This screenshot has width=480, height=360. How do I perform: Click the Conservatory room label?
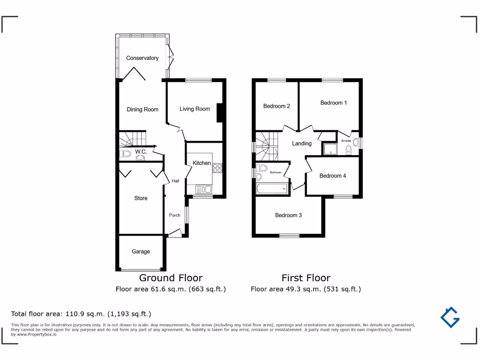click(142, 58)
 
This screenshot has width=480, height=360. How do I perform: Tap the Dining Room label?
click(142, 109)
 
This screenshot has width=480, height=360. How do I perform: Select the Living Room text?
click(195, 109)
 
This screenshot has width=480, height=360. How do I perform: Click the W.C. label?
click(141, 152)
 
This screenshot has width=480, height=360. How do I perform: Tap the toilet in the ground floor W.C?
click(126, 154)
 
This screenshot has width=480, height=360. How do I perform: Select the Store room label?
click(141, 198)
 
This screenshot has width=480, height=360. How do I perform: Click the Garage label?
click(141, 252)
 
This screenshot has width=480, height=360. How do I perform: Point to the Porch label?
click(174, 215)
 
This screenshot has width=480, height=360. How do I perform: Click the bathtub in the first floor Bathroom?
click(271, 189)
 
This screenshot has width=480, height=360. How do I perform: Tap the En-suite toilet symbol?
click(348, 149)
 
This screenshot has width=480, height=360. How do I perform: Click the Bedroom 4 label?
click(332, 176)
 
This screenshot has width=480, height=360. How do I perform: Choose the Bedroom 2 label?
click(276, 106)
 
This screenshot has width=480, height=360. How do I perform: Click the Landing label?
click(301, 143)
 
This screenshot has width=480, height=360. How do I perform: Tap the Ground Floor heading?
click(171, 278)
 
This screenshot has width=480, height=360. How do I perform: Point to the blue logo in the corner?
click(450, 317)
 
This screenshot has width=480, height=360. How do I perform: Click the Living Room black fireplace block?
click(219, 112)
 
